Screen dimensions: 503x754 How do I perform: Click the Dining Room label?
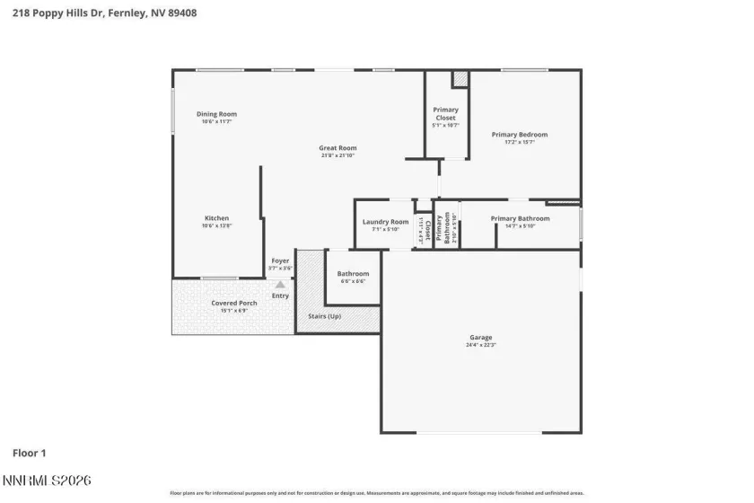(216, 114)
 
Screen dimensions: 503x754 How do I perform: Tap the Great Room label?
(338, 148)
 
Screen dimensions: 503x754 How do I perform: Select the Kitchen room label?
(216, 218)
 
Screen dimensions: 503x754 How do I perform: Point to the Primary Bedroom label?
(519, 135)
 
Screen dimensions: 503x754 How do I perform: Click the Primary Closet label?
(445, 113)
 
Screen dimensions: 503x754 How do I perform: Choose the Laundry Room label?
(385, 222)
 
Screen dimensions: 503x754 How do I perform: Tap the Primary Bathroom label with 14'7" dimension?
(520, 218)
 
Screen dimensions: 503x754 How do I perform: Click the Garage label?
(480, 338)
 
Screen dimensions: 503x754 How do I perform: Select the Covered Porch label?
(234, 304)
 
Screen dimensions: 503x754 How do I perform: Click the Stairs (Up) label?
(324, 316)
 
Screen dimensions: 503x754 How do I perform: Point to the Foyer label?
(280, 261)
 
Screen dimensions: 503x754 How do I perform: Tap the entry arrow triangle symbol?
(280, 284)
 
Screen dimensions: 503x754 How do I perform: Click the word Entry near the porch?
(280, 296)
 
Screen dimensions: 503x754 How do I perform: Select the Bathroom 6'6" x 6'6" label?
(353, 274)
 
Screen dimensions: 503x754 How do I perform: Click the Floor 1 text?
(29, 453)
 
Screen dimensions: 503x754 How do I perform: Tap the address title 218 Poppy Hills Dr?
(99, 13)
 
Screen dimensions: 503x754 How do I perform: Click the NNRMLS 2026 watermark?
(46, 482)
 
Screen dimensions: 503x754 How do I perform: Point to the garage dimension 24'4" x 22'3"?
(480, 345)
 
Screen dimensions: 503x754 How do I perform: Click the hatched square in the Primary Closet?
(460, 80)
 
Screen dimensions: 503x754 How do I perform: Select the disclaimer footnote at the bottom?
(376, 493)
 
